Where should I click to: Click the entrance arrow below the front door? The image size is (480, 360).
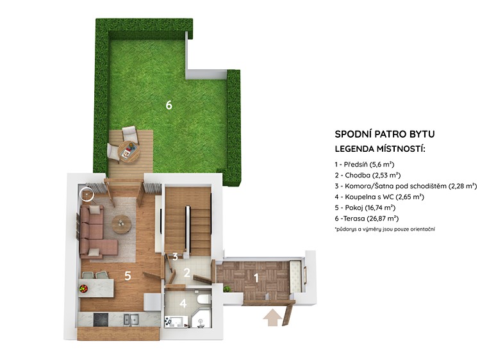[272, 318]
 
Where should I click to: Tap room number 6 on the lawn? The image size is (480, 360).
[169, 105]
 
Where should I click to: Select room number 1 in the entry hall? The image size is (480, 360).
[256, 278]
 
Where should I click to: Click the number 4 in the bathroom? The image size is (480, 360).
[183, 304]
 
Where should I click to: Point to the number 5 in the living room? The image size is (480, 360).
[128, 276]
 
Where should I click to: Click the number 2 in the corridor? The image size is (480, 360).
[186, 272]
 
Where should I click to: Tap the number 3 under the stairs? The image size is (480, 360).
[175, 256]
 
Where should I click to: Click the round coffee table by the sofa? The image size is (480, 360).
[122, 224]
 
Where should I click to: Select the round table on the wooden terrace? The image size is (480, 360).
[129, 151]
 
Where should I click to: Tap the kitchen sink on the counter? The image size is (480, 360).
[131, 319]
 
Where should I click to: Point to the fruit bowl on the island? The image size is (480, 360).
[83, 288]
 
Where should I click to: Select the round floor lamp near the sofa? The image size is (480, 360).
[87, 193]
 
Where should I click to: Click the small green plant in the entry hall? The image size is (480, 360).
[227, 288]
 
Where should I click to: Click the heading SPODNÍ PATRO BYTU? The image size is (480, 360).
[385, 134]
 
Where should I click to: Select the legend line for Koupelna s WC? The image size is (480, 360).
[379, 197]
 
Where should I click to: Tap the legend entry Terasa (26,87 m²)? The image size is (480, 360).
[367, 218]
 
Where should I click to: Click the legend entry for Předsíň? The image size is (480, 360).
[365, 164]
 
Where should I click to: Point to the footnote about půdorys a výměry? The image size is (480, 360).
[385, 229]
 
